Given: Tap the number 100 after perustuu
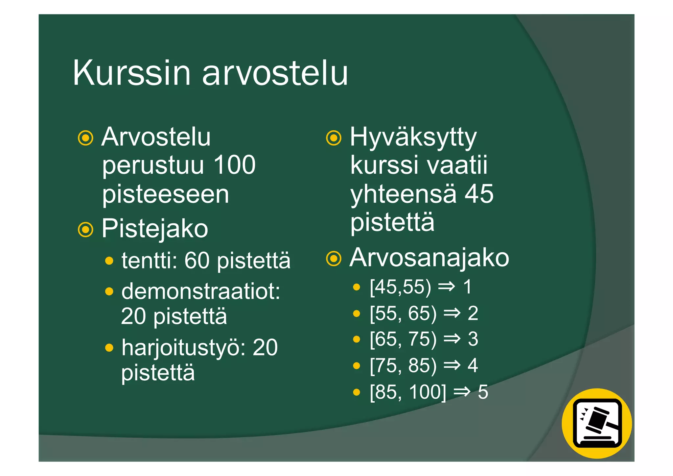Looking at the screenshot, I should pos(234,165).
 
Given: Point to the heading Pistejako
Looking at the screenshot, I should pos(155,229).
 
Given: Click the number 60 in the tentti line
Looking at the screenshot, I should pos(197,261).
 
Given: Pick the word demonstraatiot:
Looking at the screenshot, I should pos(201,291).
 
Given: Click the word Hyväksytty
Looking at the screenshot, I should pos(413,137).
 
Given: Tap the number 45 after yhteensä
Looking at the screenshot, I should pos(479,194).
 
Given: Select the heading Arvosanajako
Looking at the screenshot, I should pos(429,258).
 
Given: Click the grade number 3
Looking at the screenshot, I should pos(473,339).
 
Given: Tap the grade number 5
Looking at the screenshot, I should pos(483,392).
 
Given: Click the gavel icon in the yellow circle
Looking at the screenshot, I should pos(597,424).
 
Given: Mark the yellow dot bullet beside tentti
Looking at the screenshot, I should pos(109,261).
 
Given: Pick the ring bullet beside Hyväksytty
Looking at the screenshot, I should pos(334,138).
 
